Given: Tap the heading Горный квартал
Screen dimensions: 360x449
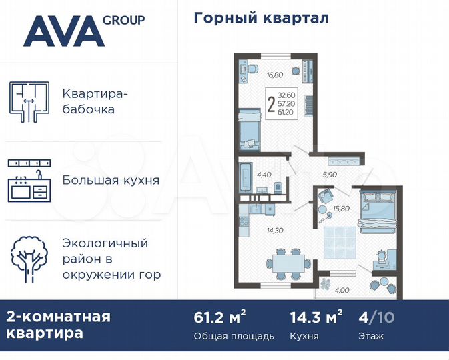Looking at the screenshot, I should [x=261, y=18].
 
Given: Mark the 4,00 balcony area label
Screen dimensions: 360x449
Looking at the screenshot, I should [x=342, y=290].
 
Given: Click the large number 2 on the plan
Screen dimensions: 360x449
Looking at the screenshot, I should [x=270, y=105].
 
